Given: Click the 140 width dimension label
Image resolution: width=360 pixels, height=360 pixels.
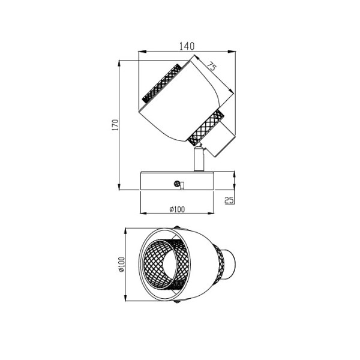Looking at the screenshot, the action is point(187,46).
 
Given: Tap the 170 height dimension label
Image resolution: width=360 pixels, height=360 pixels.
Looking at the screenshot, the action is point(115,125).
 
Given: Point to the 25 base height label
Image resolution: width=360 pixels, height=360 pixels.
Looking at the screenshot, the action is point(229,200).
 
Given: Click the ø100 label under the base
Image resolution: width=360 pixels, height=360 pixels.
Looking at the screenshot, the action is point(177,209).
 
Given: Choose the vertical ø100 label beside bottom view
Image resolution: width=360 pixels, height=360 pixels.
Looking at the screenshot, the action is point(121,265).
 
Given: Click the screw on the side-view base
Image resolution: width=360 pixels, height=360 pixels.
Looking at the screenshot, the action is point(177,183).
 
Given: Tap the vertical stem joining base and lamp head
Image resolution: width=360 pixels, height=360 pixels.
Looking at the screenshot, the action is point(199,159).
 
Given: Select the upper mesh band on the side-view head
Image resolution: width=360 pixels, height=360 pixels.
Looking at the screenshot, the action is point(163,83).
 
